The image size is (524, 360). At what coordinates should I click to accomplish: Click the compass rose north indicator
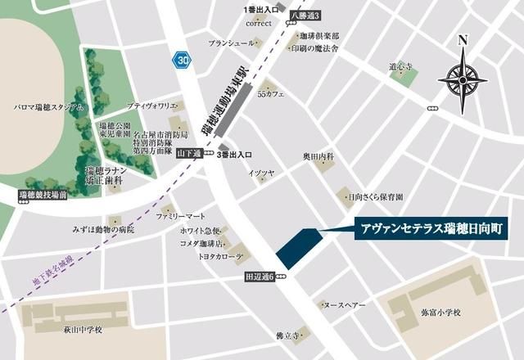coord(463,79)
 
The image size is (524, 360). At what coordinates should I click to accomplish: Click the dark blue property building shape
coord(298,244)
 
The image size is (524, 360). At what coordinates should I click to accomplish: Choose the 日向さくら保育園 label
coord(376,197)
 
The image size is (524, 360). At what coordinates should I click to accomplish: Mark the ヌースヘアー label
coord(344,304)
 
